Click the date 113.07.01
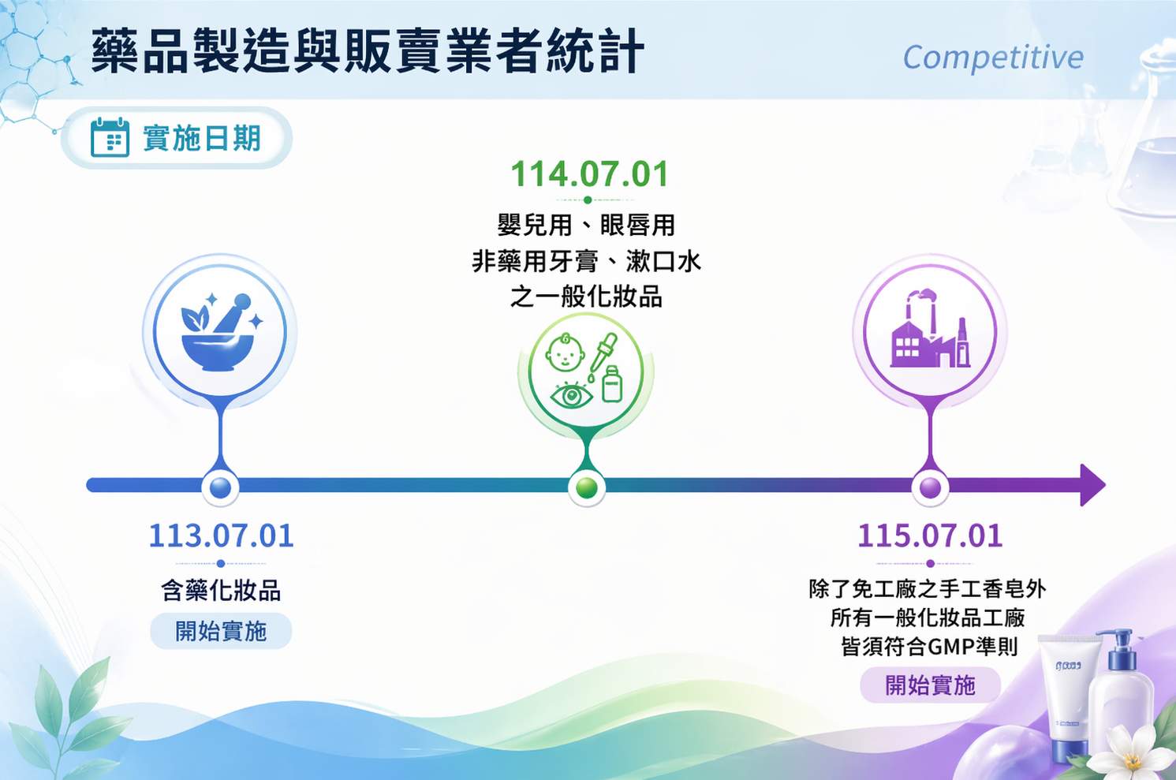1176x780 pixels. click(221, 536)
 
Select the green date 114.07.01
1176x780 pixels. click(589, 174)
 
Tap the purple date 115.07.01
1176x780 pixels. click(930, 536)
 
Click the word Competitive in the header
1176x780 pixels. click(993, 58)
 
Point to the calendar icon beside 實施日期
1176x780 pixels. click(110, 137)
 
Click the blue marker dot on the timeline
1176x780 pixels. click(220, 487)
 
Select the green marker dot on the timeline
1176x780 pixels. click(587, 487)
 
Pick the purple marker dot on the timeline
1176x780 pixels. click(930, 487)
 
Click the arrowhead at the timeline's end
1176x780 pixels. click(1092, 485)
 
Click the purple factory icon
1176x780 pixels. click(930, 328)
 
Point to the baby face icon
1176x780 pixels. click(565, 353)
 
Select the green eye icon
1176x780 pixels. click(571, 394)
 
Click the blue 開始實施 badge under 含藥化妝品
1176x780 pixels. click(221, 631)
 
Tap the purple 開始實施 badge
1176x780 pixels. click(930, 685)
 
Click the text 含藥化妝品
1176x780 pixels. click(221, 590)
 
